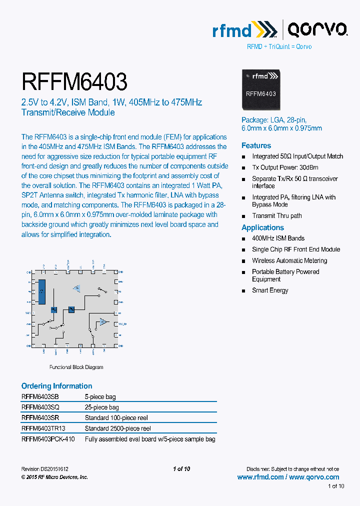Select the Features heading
[x=256, y=145]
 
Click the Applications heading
[x=262, y=227]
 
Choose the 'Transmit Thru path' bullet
[x=276, y=216]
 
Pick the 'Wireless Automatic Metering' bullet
[x=289, y=260]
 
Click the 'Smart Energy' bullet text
[x=270, y=290]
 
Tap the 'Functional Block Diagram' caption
[x=76, y=367]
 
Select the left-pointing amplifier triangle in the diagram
[x=76, y=288]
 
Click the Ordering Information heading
[x=56, y=386]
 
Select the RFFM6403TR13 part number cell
[x=43, y=428]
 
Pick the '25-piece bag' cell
[x=101, y=407]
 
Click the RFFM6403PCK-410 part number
[x=47, y=439]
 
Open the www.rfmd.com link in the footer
[x=260, y=477]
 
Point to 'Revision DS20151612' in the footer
[x=44, y=469]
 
